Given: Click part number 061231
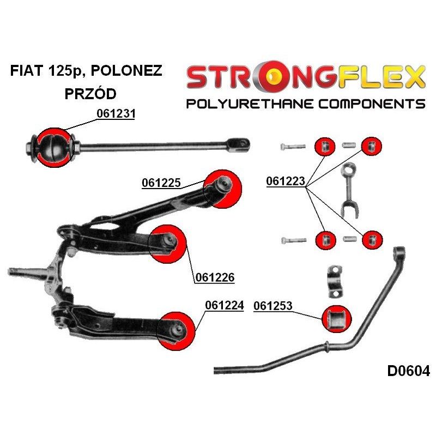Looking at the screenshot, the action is click(116, 114).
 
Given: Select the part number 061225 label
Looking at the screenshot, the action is click(161, 183).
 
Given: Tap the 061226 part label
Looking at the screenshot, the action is click(215, 277).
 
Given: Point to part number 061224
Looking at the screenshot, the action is click(225, 305).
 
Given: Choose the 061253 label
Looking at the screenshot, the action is click(273, 306).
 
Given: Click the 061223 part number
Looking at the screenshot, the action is click(286, 181).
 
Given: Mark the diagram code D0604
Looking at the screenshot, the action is click(408, 371).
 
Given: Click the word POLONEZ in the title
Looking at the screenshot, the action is click(126, 71).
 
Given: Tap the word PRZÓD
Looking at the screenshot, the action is click(90, 93).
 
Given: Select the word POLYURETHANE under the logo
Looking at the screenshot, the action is click(250, 104).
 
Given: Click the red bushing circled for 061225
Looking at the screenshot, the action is click(222, 189).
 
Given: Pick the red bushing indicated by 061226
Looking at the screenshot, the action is click(167, 244).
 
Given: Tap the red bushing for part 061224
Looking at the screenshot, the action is click(176, 331).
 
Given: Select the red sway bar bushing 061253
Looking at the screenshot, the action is click(337, 319).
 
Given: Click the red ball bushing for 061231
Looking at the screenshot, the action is click(55, 148).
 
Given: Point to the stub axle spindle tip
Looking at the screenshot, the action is click(9, 271).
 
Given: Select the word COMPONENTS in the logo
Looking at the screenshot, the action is click(372, 104).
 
